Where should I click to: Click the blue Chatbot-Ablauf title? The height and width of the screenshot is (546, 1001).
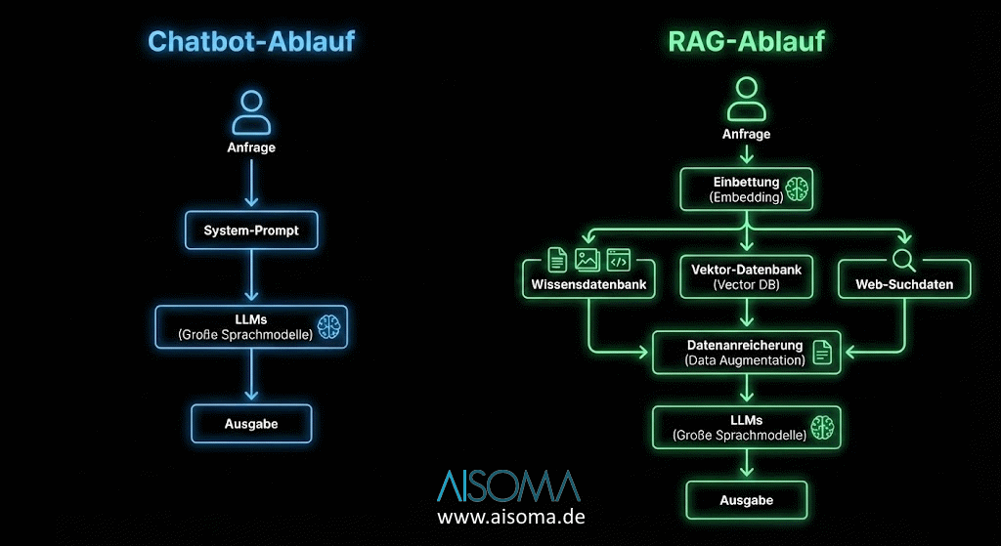[x=250, y=41]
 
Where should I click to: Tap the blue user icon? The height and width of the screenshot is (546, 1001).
[x=251, y=111]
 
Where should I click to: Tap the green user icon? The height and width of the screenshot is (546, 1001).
[x=747, y=99]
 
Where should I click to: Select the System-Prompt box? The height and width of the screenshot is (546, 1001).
[x=251, y=231]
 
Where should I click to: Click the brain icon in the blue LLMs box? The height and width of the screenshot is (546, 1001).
[x=327, y=326]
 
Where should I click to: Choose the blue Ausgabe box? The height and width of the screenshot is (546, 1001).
[x=251, y=424]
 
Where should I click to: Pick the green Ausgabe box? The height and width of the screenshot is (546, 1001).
[x=747, y=499]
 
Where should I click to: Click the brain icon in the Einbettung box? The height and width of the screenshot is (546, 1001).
[x=798, y=189]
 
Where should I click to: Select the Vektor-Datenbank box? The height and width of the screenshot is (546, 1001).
[x=747, y=277]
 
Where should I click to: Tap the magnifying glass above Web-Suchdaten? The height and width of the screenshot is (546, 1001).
[x=903, y=259]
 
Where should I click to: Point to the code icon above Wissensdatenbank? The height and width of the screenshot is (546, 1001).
[x=618, y=259]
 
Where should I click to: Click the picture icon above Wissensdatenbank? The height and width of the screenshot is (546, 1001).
[x=588, y=259]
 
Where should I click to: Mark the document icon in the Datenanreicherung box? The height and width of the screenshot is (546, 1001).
[x=822, y=353]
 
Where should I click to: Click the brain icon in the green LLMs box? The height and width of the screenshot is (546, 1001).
[x=823, y=427]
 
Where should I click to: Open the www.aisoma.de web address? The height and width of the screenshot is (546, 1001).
[x=510, y=517]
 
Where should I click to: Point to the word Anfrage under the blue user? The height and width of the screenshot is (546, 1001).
[x=251, y=147]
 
